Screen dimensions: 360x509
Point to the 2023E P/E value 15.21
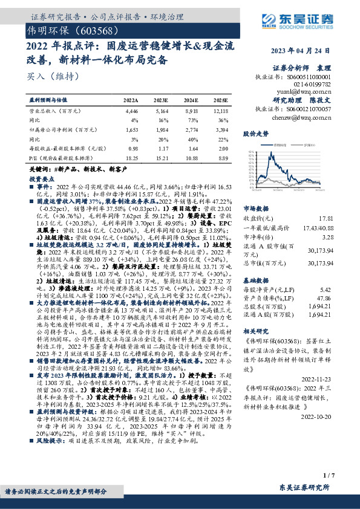coord(162,157)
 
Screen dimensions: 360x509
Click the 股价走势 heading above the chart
coord(255,133)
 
